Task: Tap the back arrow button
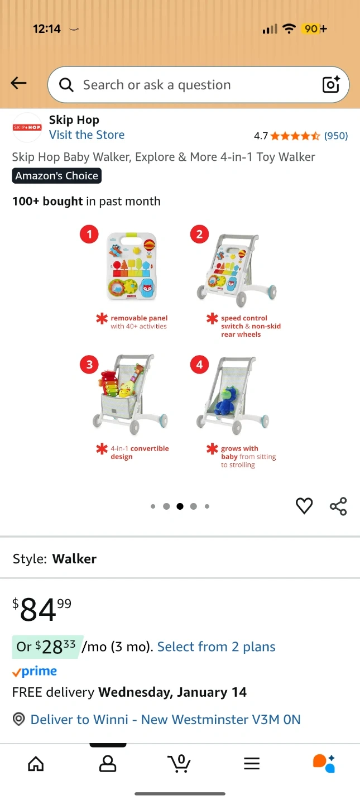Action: pos(18,83)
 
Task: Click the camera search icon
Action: pos(331,84)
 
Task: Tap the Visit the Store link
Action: pos(87,135)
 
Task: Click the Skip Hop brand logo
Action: pos(27,127)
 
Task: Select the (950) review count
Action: pos(336,136)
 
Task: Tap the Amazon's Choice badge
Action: pos(57,175)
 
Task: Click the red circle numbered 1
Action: pos(89,234)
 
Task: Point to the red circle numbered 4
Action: pos(200,365)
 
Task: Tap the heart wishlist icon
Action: pos(304,506)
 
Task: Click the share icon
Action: pos(338,506)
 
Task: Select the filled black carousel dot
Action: pos(180,506)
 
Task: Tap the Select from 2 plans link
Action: pos(217,647)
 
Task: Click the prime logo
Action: pos(35,671)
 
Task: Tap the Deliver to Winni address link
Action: pos(165,719)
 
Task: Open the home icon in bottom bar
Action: pos(36,763)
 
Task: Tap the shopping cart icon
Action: pos(179,763)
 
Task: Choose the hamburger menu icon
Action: pos(252,763)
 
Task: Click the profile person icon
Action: pos(108,763)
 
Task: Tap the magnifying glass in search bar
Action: pos(66,85)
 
